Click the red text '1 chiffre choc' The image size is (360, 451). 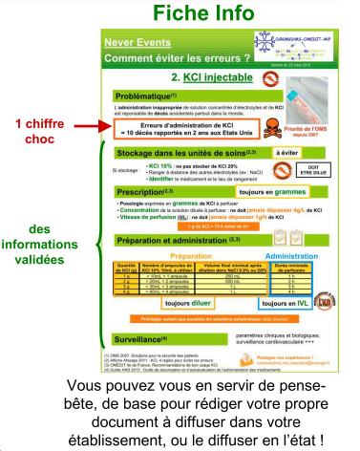39,131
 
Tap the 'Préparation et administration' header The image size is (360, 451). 176,241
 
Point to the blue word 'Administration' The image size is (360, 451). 277,257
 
